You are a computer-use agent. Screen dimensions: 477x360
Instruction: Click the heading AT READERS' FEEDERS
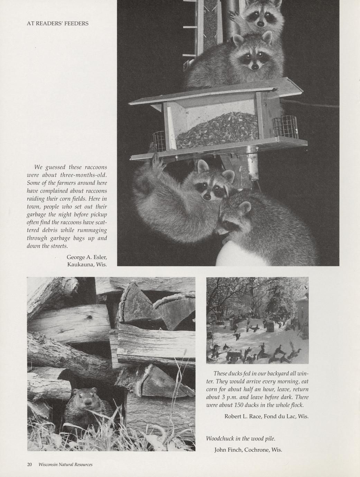(x=57, y=24)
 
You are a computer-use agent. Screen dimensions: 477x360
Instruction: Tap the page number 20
(x=29, y=465)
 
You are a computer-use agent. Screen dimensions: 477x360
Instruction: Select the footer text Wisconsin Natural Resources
(x=65, y=465)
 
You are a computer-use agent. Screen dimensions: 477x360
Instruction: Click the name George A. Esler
(x=87, y=257)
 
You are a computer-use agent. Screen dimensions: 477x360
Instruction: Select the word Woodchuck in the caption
(x=220, y=439)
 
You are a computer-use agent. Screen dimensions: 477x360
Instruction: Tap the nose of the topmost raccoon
(x=260, y=24)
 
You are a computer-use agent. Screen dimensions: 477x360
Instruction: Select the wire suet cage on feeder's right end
(x=285, y=127)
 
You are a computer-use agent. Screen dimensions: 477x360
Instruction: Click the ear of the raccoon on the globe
(x=245, y=207)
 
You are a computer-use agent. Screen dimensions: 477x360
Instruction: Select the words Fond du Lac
(x=280, y=416)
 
